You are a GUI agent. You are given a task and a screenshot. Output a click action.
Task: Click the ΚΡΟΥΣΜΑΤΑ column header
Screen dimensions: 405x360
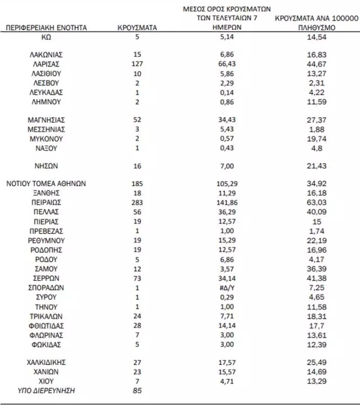point(137,28)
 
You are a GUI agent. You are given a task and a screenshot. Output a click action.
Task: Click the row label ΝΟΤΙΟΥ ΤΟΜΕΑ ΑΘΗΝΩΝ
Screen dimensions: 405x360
point(47,183)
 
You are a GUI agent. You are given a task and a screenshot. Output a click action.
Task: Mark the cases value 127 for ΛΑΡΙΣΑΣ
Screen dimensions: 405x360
point(137,64)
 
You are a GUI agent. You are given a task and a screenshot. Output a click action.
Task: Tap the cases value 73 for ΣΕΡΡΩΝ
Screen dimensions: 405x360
point(137,278)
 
